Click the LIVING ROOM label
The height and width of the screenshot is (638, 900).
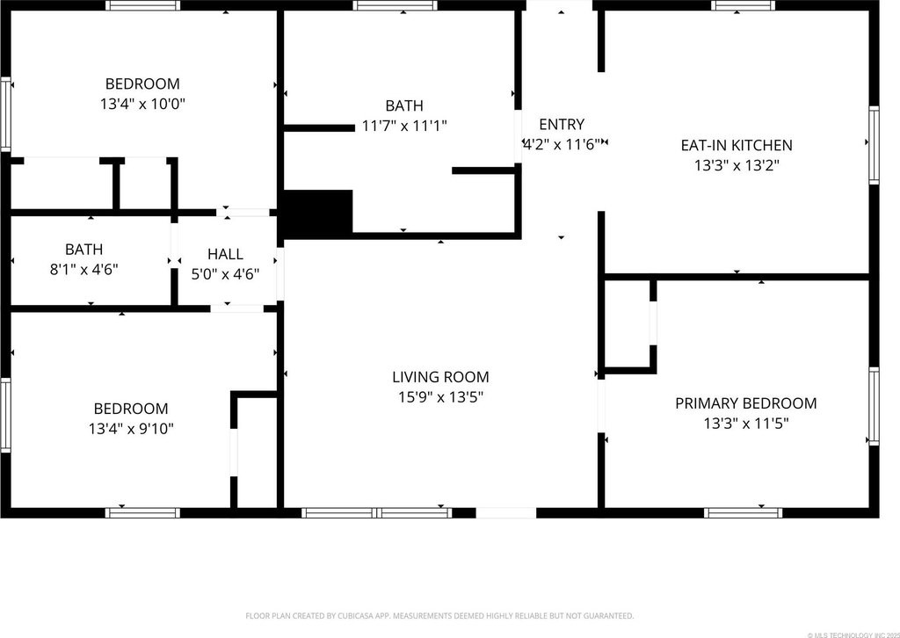coord(441,377)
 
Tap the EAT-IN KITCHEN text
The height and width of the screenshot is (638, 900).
coord(737,145)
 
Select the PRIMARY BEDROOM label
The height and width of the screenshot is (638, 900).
coord(745,403)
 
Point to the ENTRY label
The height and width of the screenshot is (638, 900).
coord(562,124)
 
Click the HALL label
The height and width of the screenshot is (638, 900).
coord(225,254)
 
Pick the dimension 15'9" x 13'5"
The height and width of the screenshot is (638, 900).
coord(441,397)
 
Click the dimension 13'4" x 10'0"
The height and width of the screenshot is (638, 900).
coord(143,104)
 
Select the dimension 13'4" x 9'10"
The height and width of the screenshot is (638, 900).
coord(131,429)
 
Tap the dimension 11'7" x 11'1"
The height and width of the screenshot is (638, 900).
coord(404,126)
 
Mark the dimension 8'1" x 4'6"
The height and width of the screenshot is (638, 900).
coord(83,270)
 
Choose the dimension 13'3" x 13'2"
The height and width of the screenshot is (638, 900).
coord(737,166)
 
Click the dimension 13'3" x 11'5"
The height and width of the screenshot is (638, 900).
coord(746,424)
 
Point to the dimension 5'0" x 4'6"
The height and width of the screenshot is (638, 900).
coord(225,274)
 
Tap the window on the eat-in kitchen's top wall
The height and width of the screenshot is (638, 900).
coord(744,6)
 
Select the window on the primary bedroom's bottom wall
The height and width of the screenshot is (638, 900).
coord(743,512)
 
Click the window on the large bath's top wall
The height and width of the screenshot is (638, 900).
coord(395,6)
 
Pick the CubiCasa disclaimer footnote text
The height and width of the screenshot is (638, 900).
coord(439,616)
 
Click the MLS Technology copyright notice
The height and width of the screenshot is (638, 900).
coord(853,634)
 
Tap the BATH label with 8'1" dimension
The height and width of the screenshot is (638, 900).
coord(83,250)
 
